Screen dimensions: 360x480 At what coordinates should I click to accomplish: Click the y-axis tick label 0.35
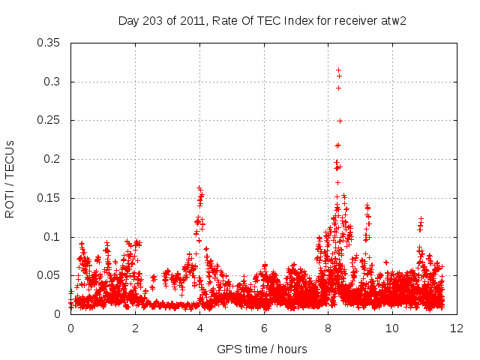coord(49,43)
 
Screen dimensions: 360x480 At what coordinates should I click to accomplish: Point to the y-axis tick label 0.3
coord(52,82)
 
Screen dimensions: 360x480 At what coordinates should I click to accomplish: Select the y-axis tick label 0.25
coord(49,121)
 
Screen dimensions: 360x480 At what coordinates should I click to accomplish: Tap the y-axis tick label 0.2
coord(52,159)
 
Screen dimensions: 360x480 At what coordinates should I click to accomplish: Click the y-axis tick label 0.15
coord(49,198)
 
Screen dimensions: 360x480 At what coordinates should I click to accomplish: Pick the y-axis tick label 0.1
coord(52,237)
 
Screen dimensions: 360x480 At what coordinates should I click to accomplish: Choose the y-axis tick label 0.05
coord(49,275)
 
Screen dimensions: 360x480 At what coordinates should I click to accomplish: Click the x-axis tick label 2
coord(136,328)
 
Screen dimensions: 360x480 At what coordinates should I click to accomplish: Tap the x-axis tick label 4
coord(200,328)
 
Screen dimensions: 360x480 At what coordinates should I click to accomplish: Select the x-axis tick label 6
coord(265,328)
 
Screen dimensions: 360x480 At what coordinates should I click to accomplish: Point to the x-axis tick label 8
coord(328,328)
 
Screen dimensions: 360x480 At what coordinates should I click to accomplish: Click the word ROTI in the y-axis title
coord(10,204)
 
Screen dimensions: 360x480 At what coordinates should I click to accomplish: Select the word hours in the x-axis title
coord(291,349)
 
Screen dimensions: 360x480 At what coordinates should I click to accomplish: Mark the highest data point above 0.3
coord(338,70)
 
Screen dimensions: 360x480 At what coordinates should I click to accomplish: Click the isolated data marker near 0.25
coord(340,121)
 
